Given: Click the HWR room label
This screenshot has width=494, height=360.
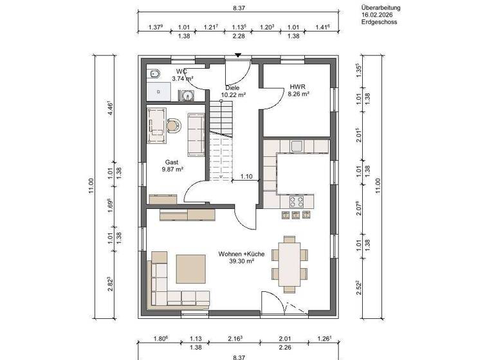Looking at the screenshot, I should click(x=297, y=86).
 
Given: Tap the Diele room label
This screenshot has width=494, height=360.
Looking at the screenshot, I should click(x=232, y=87).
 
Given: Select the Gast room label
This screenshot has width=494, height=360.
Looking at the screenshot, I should click(x=171, y=163).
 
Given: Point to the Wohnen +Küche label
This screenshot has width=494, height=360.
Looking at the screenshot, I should click(x=241, y=254).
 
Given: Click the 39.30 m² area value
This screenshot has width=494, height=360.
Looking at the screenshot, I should click(x=241, y=262).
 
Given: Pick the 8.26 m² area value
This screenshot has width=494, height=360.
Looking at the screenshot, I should click(x=299, y=94).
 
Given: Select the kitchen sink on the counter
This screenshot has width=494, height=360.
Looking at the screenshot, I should click(x=297, y=147).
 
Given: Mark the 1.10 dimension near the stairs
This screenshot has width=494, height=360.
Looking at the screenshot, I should click(x=246, y=175).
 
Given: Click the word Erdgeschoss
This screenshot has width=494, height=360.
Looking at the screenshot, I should click(x=380, y=22).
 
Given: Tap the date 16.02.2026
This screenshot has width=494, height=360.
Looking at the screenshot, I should click(x=377, y=14).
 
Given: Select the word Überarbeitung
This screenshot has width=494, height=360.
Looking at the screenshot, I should click(x=381, y=7).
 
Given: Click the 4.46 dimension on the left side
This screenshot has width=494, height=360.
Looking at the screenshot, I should click(x=110, y=106).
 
